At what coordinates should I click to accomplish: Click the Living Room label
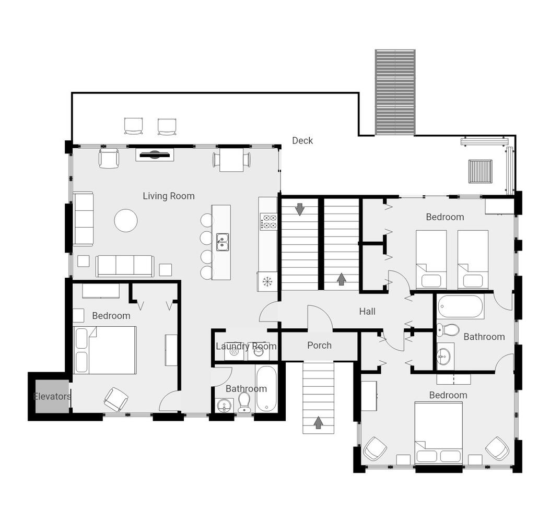coord(168,196)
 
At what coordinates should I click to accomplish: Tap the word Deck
coord(302,140)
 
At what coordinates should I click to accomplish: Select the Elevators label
coord(52,397)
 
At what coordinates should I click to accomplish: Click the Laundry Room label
coord(246,347)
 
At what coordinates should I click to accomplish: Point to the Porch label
coord(319,346)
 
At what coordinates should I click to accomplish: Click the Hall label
coord(367,311)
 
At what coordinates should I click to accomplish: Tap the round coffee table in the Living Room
coord(125,220)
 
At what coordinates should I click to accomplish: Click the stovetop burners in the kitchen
coord(268,221)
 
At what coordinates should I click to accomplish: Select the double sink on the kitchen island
coord(223,242)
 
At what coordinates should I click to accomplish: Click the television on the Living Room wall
coord(155,155)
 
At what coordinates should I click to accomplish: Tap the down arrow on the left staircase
coord(300,209)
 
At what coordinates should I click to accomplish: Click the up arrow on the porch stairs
coord(318,422)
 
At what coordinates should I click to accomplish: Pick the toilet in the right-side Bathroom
coord(448,329)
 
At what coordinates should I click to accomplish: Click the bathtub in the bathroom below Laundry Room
coord(266,389)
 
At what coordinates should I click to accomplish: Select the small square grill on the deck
coord(480,171)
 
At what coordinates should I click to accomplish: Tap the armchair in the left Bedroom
coord(116,399)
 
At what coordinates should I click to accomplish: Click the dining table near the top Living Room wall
coord(231,160)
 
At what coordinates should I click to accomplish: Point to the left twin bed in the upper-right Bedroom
coord(431,259)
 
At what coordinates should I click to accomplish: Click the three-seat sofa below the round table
coord(125,266)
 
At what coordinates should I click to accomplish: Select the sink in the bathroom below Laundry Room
coord(224,406)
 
